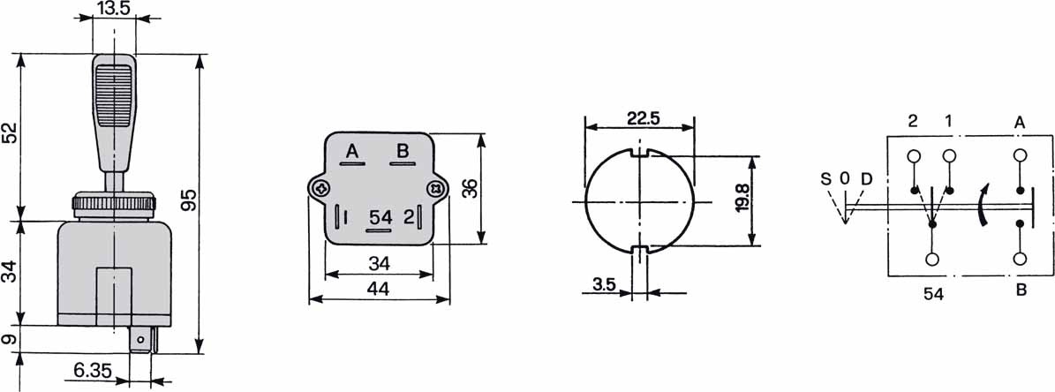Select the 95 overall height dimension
pos(190,200)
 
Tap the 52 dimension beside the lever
pos(10,132)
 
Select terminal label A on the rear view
pos(352,151)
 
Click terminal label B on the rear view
pos(402,151)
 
